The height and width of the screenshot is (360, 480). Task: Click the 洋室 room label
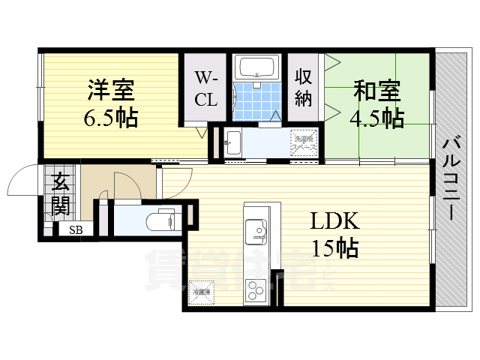111,91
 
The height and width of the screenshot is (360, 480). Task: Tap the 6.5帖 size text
111,118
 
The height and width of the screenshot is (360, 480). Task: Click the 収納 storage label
303,88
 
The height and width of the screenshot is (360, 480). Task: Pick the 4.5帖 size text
376,118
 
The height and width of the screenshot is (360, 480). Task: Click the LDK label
336,220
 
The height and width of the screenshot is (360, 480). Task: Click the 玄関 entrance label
60,193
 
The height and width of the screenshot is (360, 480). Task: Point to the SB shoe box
76,230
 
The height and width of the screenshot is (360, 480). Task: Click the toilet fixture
160,220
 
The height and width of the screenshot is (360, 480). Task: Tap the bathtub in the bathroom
256,68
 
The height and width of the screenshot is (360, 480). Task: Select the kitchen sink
256,228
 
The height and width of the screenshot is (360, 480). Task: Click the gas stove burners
256,288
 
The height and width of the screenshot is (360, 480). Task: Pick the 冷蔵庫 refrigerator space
201,293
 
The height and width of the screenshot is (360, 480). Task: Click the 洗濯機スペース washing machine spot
304,142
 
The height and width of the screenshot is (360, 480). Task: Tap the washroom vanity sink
233,141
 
